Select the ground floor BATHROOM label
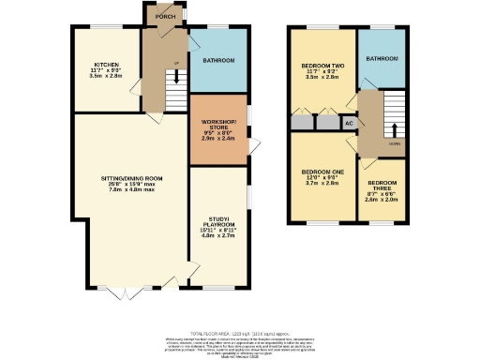tap(217, 61)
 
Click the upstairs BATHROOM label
tap(382, 58)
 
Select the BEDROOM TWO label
tap(323, 66)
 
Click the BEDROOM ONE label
tap(323, 172)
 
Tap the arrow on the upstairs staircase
tap(394, 129)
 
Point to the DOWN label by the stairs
tap(395, 143)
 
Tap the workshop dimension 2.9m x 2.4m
tap(218, 138)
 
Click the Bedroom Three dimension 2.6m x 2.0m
tap(382, 200)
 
